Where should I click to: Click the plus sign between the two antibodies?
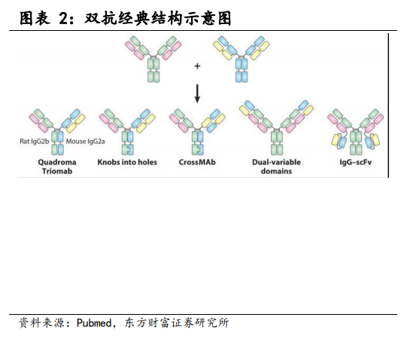[197, 66]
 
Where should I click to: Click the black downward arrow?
[197, 93]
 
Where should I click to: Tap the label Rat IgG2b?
[35, 142]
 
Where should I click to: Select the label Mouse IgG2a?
[86, 142]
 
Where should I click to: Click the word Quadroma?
[57, 162]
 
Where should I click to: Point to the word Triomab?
[57, 171]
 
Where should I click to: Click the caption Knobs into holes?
[127, 162]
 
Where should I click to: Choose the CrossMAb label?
[197, 162]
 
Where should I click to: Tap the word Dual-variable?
[276, 162]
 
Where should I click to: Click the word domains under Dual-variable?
[276, 171]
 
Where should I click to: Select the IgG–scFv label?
[356, 162]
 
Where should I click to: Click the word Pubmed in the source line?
[94, 323]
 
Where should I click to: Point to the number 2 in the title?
[64, 19]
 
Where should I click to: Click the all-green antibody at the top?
[153, 59]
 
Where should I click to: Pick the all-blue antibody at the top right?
[241, 59]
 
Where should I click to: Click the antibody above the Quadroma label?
[57, 132]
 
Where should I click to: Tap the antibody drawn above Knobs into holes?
[127, 132]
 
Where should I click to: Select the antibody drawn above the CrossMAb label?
[198, 132]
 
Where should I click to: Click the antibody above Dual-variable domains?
[277, 128]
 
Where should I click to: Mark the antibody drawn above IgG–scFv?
[356, 132]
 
